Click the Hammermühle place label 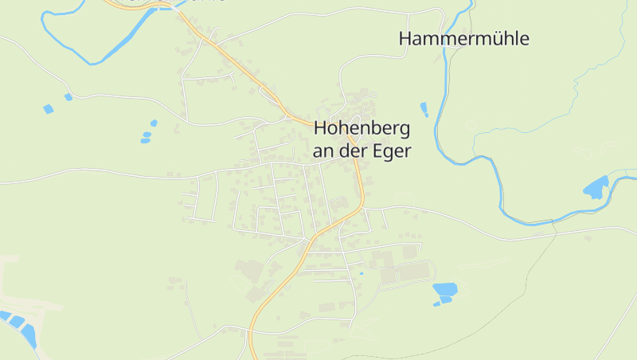point(463,38)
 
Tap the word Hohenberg point(362,127)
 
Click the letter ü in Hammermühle point(493,38)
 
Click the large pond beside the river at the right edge point(595,188)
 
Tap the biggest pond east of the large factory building point(444,289)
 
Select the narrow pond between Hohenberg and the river point(424,109)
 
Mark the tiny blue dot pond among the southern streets point(361,273)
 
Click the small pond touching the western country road point(68,97)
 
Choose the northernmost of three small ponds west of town point(154,123)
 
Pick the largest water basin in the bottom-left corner point(29,335)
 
